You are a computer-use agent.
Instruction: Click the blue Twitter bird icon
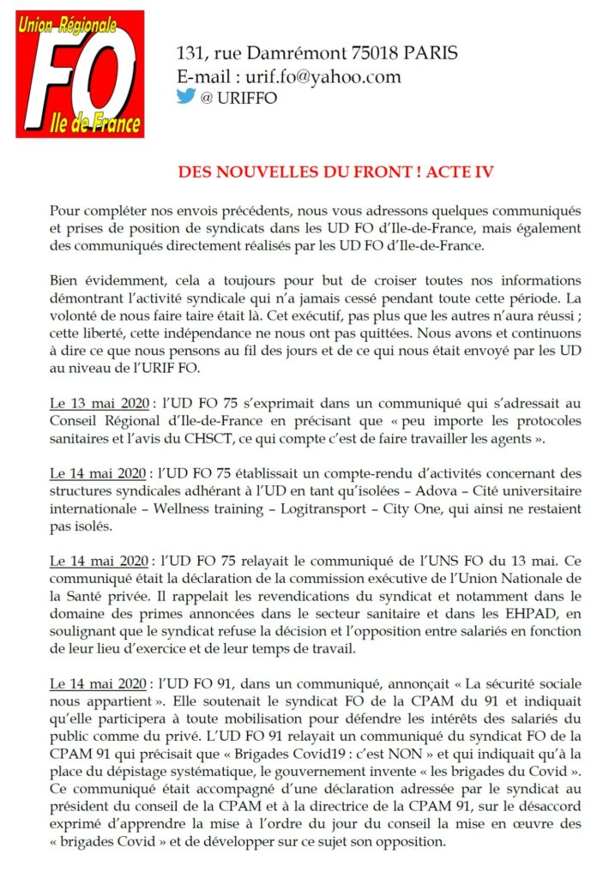coord(185,97)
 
